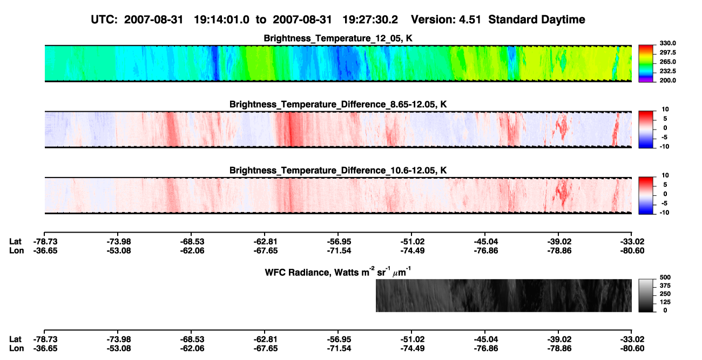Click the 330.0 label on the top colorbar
click(x=667, y=43)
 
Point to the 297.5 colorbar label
click(x=667, y=53)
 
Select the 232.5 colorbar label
click(x=667, y=71)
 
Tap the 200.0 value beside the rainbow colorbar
click(x=667, y=80)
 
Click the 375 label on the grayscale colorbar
click(x=665, y=286)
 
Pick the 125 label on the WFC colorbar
click(x=665, y=302)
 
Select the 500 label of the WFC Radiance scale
click(x=665, y=277)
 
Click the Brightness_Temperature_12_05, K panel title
click(x=338, y=38)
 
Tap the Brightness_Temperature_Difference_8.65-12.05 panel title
click(x=338, y=105)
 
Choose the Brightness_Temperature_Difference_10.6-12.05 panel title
click(x=338, y=171)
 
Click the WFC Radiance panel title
click(x=338, y=272)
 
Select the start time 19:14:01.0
click(x=221, y=20)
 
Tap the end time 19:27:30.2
click(x=370, y=20)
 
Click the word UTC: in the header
click(x=104, y=20)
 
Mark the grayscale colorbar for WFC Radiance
click(x=646, y=296)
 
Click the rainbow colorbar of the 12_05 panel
click(x=646, y=64)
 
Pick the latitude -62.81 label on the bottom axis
click(x=266, y=339)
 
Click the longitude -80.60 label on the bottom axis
click(x=632, y=349)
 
